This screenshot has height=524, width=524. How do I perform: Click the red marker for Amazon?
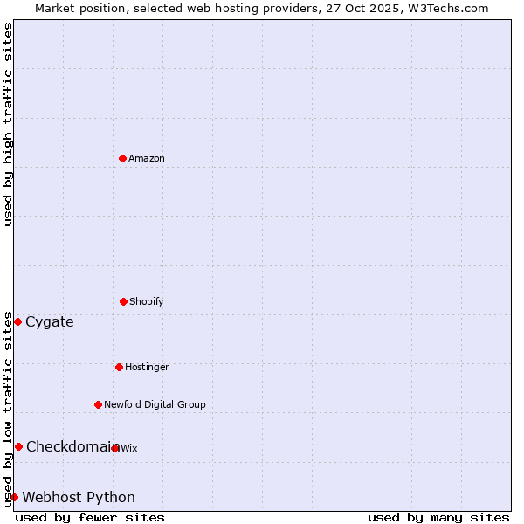pos(122,158)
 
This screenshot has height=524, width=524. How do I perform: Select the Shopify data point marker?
pos(123,301)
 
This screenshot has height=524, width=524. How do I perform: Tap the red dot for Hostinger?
pos(119,367)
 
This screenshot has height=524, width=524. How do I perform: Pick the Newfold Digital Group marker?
pos(98,404)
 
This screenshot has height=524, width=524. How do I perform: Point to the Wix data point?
pos(115,448)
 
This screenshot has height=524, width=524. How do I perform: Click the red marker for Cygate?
pos(17,321)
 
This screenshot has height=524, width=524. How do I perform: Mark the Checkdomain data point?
pos(18,446)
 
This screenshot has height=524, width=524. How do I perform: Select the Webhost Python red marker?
pos(14,497)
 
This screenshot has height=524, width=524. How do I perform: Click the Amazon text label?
pos(147,158)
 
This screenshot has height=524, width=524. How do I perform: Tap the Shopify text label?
pos(147,301)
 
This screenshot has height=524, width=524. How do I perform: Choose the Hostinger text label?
pos(147,367)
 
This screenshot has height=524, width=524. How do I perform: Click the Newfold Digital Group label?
pos(155,404)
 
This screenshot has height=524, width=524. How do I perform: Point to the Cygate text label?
pos(50,321)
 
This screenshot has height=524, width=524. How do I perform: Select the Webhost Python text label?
pos(79,497)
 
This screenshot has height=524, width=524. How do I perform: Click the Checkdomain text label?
pos(70,446)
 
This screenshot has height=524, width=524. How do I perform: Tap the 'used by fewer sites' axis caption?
pos(90,517)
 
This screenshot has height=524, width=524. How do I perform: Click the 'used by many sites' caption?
pos(438,517)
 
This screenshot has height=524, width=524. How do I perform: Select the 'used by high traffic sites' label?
pos(8,124)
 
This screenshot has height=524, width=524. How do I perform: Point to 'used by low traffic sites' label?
pos(8,408)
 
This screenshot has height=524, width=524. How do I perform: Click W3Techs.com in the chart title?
pos(445,8)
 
